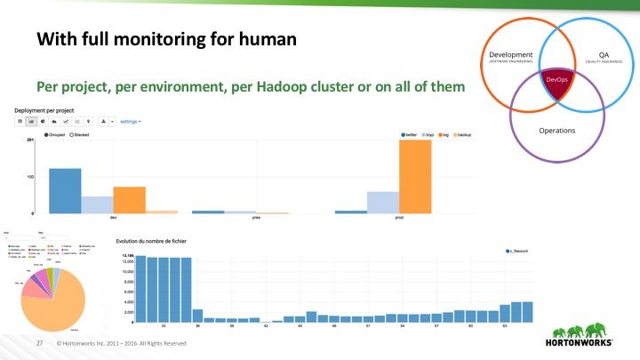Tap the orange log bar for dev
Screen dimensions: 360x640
pos(129,199)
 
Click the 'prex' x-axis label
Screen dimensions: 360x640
pos(256,219)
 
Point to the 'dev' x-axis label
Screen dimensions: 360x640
pos(113,219)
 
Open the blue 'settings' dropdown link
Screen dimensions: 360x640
pos(131,120)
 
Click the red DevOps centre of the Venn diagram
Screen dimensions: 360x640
pos(556,80)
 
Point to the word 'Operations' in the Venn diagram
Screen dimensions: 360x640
pos(557,130)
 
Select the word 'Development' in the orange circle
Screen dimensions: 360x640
pos(511,55)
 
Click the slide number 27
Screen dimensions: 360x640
pos(39,342)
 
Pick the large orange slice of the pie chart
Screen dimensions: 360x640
pos(55,308)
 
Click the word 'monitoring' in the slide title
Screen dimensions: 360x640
pos(133,40)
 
